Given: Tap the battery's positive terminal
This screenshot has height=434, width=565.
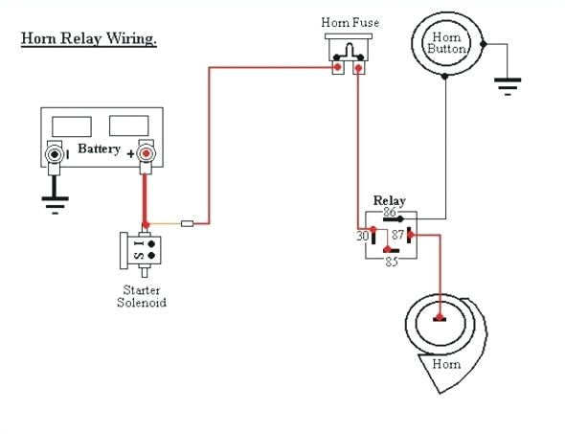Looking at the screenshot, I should click(x=146, y=153).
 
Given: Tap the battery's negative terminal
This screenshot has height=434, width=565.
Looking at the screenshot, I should click(x=56, y=153).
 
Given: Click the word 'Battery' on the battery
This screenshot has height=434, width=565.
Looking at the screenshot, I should click(x=100, y=150).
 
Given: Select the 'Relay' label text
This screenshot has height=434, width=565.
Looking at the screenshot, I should click(x=390, y=200).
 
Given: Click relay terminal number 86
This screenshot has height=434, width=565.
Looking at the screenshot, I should click(x=390, y=212).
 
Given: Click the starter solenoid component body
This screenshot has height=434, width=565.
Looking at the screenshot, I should click(x=141, y=250).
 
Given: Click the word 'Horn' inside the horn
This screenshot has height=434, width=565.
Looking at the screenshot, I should click(x=445, y=364).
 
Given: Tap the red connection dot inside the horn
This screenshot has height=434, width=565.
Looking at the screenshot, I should click(x=440, y=316).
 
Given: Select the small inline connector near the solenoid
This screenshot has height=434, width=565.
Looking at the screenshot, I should click(x=188, y=225).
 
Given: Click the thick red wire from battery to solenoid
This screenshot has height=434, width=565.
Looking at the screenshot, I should click(x=146, y=196).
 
